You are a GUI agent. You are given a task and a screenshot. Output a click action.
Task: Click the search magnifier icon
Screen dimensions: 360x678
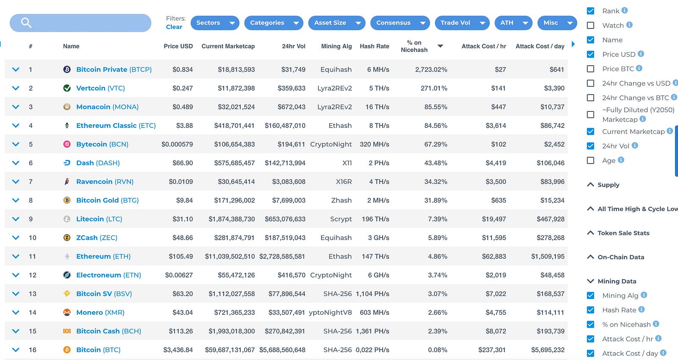click(x=26, y=23)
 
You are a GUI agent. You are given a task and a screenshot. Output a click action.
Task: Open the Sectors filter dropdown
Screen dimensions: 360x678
click(x=214, y=23)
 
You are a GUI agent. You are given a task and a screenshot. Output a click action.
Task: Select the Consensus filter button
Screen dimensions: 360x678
click(x=400, y=23)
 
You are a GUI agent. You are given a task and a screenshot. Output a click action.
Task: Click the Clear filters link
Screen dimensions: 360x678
click(x=174, y=27)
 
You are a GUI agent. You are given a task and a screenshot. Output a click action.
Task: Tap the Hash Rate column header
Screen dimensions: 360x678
click(x=374, y=46)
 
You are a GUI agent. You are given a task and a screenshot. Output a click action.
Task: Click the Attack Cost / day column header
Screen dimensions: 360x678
click(x=539, y=46)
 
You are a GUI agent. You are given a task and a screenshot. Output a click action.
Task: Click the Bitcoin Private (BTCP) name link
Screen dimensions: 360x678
click(x=114, y=69)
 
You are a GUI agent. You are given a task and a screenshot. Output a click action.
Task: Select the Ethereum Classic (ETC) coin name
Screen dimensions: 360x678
click(x=116, y=125)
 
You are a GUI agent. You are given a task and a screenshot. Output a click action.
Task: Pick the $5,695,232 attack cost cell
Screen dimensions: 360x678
click(x=547, y=350)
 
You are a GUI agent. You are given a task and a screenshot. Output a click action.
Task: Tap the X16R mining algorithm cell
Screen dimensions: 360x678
click(x=344, y=182)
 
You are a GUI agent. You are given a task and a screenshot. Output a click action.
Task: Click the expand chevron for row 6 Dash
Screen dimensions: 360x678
click(x=16, y=163)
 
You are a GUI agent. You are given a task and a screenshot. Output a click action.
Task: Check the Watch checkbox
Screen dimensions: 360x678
click(x=590, y=25)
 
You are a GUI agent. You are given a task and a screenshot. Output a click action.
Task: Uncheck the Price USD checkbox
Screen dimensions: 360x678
click(x=590, y=54)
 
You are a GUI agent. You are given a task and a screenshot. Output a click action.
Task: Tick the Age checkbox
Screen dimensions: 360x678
click(x=590, y=161)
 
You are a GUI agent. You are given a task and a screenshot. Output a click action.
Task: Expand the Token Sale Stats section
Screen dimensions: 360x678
click(x=623, y=233)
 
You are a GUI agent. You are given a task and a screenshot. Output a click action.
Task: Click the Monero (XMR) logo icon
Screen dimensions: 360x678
click(x=67, y=313)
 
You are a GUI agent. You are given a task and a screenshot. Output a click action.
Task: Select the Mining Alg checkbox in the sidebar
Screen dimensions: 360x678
click(x=590, y=296)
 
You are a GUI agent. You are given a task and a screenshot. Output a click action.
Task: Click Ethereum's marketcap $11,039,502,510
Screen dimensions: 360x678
click(x=230, y=257)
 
